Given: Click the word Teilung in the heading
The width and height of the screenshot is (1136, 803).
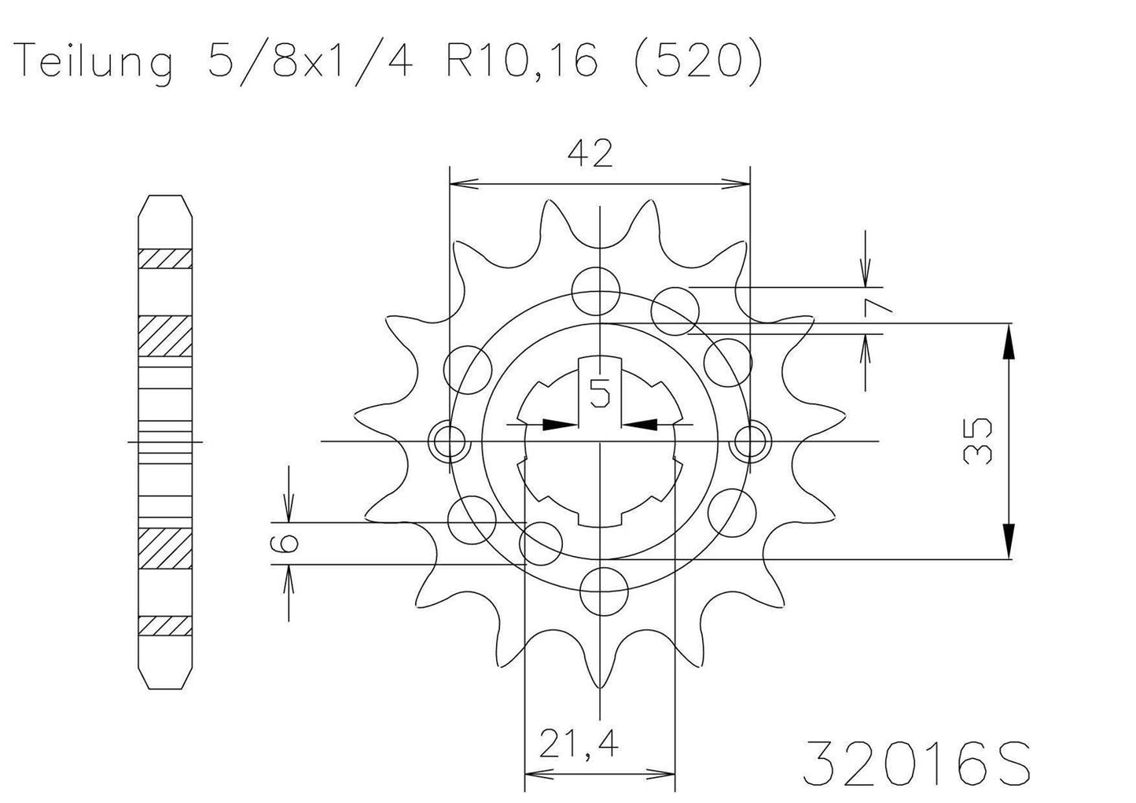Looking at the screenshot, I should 94,61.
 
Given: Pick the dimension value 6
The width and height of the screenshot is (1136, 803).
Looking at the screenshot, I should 288,543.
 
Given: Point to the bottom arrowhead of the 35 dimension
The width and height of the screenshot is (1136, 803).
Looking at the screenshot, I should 1009,541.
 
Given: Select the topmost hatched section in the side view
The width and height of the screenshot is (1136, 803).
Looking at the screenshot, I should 165,259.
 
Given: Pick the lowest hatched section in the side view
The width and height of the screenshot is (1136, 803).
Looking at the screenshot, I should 165,625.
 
